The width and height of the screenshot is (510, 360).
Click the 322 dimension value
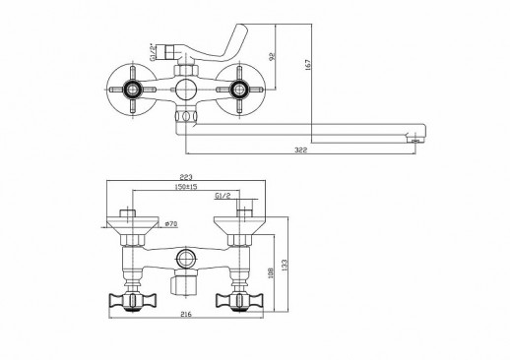[300, 150]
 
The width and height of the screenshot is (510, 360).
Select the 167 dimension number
[308, 64]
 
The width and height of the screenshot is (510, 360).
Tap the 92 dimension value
[272, 56]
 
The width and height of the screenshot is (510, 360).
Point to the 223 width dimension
[186, 177]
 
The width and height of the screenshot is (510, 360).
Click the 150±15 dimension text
[186, 187]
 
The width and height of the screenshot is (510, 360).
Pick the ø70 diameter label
[170, 224]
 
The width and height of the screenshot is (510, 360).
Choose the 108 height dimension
[271, 272]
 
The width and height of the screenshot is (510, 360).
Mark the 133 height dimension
[285, 265]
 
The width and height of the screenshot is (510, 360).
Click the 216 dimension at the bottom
[186, 315]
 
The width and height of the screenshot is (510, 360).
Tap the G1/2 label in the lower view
[223, 196]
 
